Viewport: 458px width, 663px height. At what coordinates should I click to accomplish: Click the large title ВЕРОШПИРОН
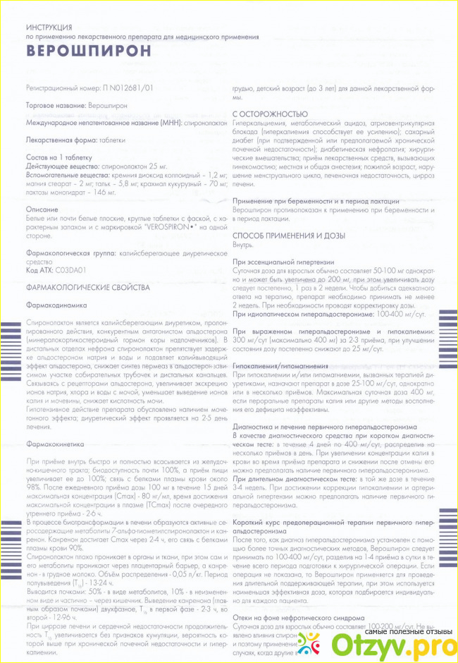pyautogui.click(x=88, y=51)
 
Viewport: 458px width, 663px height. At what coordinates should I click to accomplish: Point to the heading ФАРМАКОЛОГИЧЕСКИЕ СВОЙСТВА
pyautogui.click(x=87, y=288)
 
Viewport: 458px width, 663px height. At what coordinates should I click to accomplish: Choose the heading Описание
pyautogui.click(x=42, y=210)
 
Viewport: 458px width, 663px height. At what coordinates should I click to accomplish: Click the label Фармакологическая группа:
pyautogui.click(x=75, y=252)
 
